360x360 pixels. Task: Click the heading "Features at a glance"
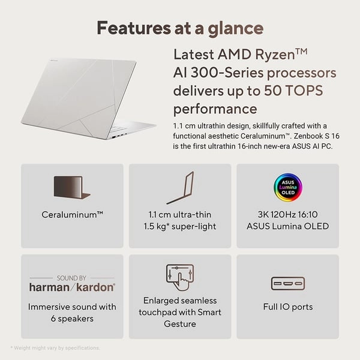180,28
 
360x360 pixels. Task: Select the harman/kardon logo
72,287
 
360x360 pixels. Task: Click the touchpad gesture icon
180,278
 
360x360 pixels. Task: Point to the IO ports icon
287,283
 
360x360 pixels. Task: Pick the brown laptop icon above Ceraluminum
72,188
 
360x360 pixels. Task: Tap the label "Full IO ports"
287,307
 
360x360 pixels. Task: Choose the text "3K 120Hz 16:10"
287,214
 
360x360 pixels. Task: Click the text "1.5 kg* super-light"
180,226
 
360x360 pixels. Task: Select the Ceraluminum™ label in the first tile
72,214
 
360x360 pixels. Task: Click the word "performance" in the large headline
215,109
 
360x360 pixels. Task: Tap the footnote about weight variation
55,348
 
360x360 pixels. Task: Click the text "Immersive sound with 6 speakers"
72,313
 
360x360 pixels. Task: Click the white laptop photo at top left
84,96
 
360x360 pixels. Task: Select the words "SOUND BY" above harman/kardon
72,278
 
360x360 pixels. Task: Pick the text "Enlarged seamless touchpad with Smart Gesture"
180,312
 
